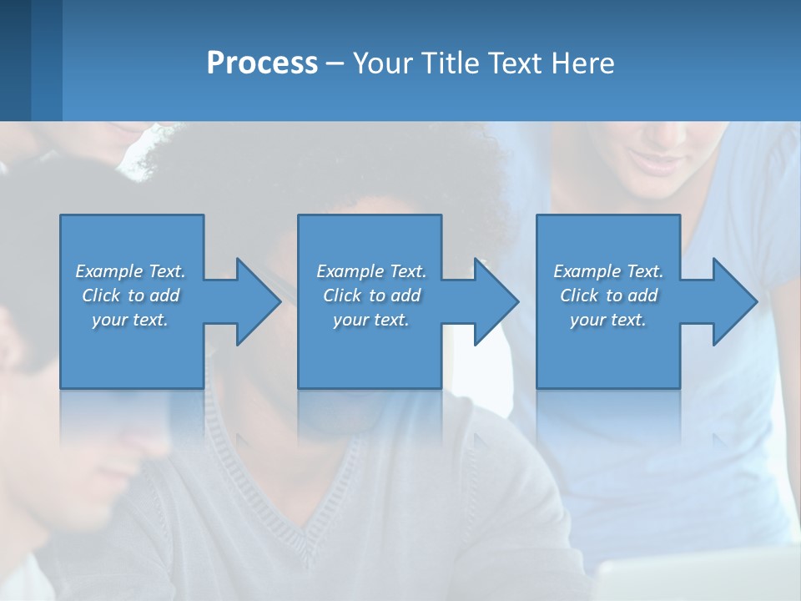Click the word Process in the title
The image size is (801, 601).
[262, 63]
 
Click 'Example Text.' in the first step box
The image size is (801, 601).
[130, 271]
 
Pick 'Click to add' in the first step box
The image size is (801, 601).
[130, 295]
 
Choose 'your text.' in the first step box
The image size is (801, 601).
[130, 320]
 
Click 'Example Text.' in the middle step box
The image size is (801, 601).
[370, 271]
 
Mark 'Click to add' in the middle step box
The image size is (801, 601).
[370, 295]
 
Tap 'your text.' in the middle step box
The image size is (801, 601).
[370, 320]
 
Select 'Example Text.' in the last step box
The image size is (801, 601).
[608, 271]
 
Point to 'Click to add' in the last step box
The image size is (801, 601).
[608, 295]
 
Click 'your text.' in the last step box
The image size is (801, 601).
[608, 320]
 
